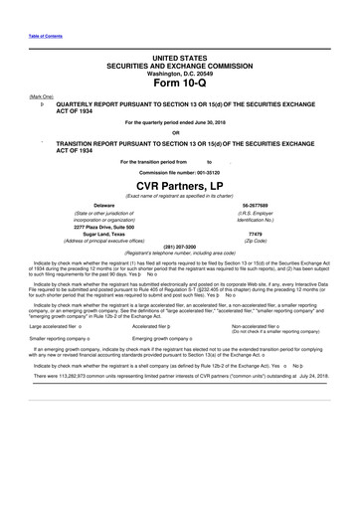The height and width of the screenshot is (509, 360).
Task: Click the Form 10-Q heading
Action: [180, 83]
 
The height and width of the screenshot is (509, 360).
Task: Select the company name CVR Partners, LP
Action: [180, 184]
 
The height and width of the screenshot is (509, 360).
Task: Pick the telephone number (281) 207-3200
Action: [180, 248]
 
